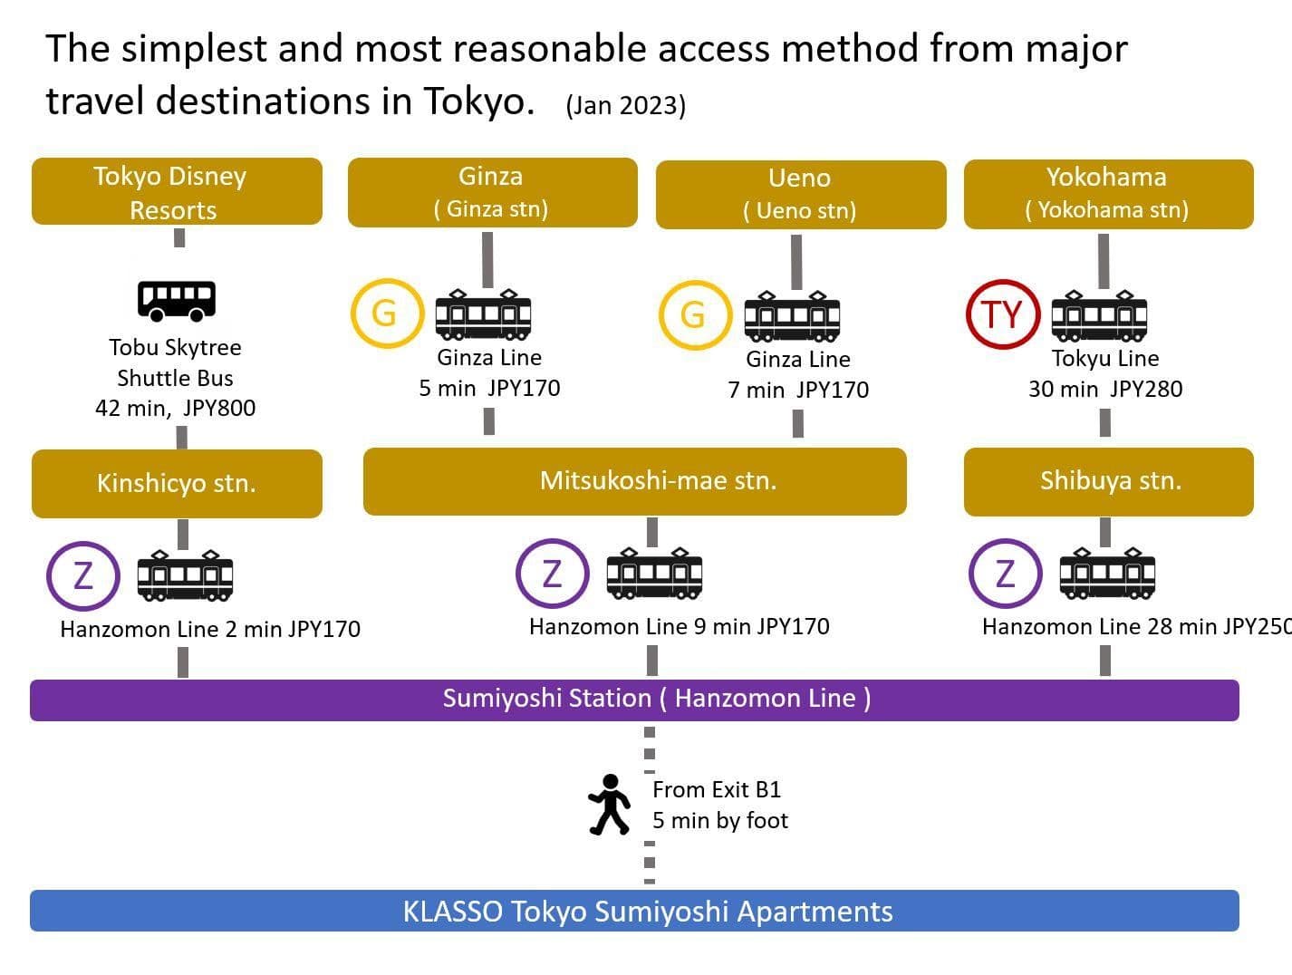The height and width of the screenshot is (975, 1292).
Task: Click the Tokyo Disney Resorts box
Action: (x=177, y=191)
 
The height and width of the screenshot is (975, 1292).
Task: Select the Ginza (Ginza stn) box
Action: (x=492, y=192)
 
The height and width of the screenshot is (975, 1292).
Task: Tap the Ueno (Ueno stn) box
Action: (x=801, y=195)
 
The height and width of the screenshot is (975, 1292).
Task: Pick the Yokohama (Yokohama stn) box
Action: (x=1108, y=194)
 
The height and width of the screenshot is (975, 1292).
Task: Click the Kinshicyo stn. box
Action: (x=177, y=484)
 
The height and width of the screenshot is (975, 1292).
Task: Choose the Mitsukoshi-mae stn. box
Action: (x=634, y=481)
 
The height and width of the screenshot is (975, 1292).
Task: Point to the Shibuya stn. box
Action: (x=1108, y=482)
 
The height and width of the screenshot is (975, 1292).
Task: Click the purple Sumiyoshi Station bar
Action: (x=634, y=700)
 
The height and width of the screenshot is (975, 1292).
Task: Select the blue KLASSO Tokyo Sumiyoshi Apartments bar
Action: (x=634, y=911)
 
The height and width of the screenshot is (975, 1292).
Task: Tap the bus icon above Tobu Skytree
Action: (x=177, y=301)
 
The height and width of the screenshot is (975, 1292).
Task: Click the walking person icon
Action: (x=610, y=804)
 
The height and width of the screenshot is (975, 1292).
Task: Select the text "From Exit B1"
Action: (x=717, y=789)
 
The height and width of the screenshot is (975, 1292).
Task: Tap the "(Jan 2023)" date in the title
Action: (x=626, y=106)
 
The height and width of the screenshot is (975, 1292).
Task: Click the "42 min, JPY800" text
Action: (x=176, y=409)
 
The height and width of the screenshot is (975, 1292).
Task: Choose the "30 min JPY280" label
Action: (x=1105, y=389)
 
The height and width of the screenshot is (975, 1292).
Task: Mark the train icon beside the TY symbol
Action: (x=1099, y=316)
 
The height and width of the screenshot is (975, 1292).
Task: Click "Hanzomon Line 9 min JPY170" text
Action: (x=680, y=627)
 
